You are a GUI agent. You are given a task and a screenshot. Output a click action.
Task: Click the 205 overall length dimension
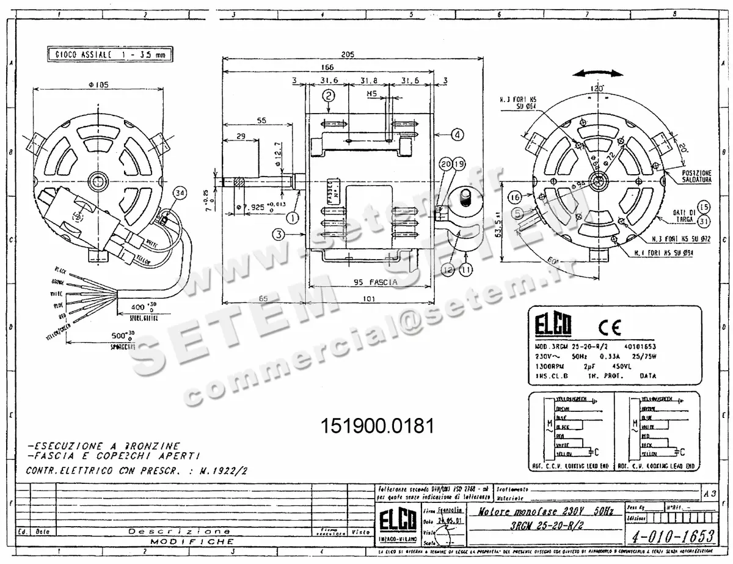coord(348,54)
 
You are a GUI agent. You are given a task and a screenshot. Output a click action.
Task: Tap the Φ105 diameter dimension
coord(98,86)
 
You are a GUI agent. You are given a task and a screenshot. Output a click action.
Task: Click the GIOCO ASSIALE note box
coord(110,55)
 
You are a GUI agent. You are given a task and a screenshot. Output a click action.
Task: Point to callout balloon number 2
coord(329,95)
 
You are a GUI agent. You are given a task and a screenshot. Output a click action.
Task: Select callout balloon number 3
coord(279,233)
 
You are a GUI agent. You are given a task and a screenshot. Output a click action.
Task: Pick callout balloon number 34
coord(179,194)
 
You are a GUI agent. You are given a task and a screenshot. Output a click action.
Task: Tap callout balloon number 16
coord(515,197)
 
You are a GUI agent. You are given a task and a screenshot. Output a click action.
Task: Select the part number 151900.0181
coord(377,426)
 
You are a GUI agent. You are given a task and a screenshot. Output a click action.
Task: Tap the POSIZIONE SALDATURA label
coord(698,177)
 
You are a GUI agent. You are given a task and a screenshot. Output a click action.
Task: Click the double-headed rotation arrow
coord(599,73)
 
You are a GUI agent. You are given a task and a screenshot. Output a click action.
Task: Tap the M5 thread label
coord(371,95)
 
